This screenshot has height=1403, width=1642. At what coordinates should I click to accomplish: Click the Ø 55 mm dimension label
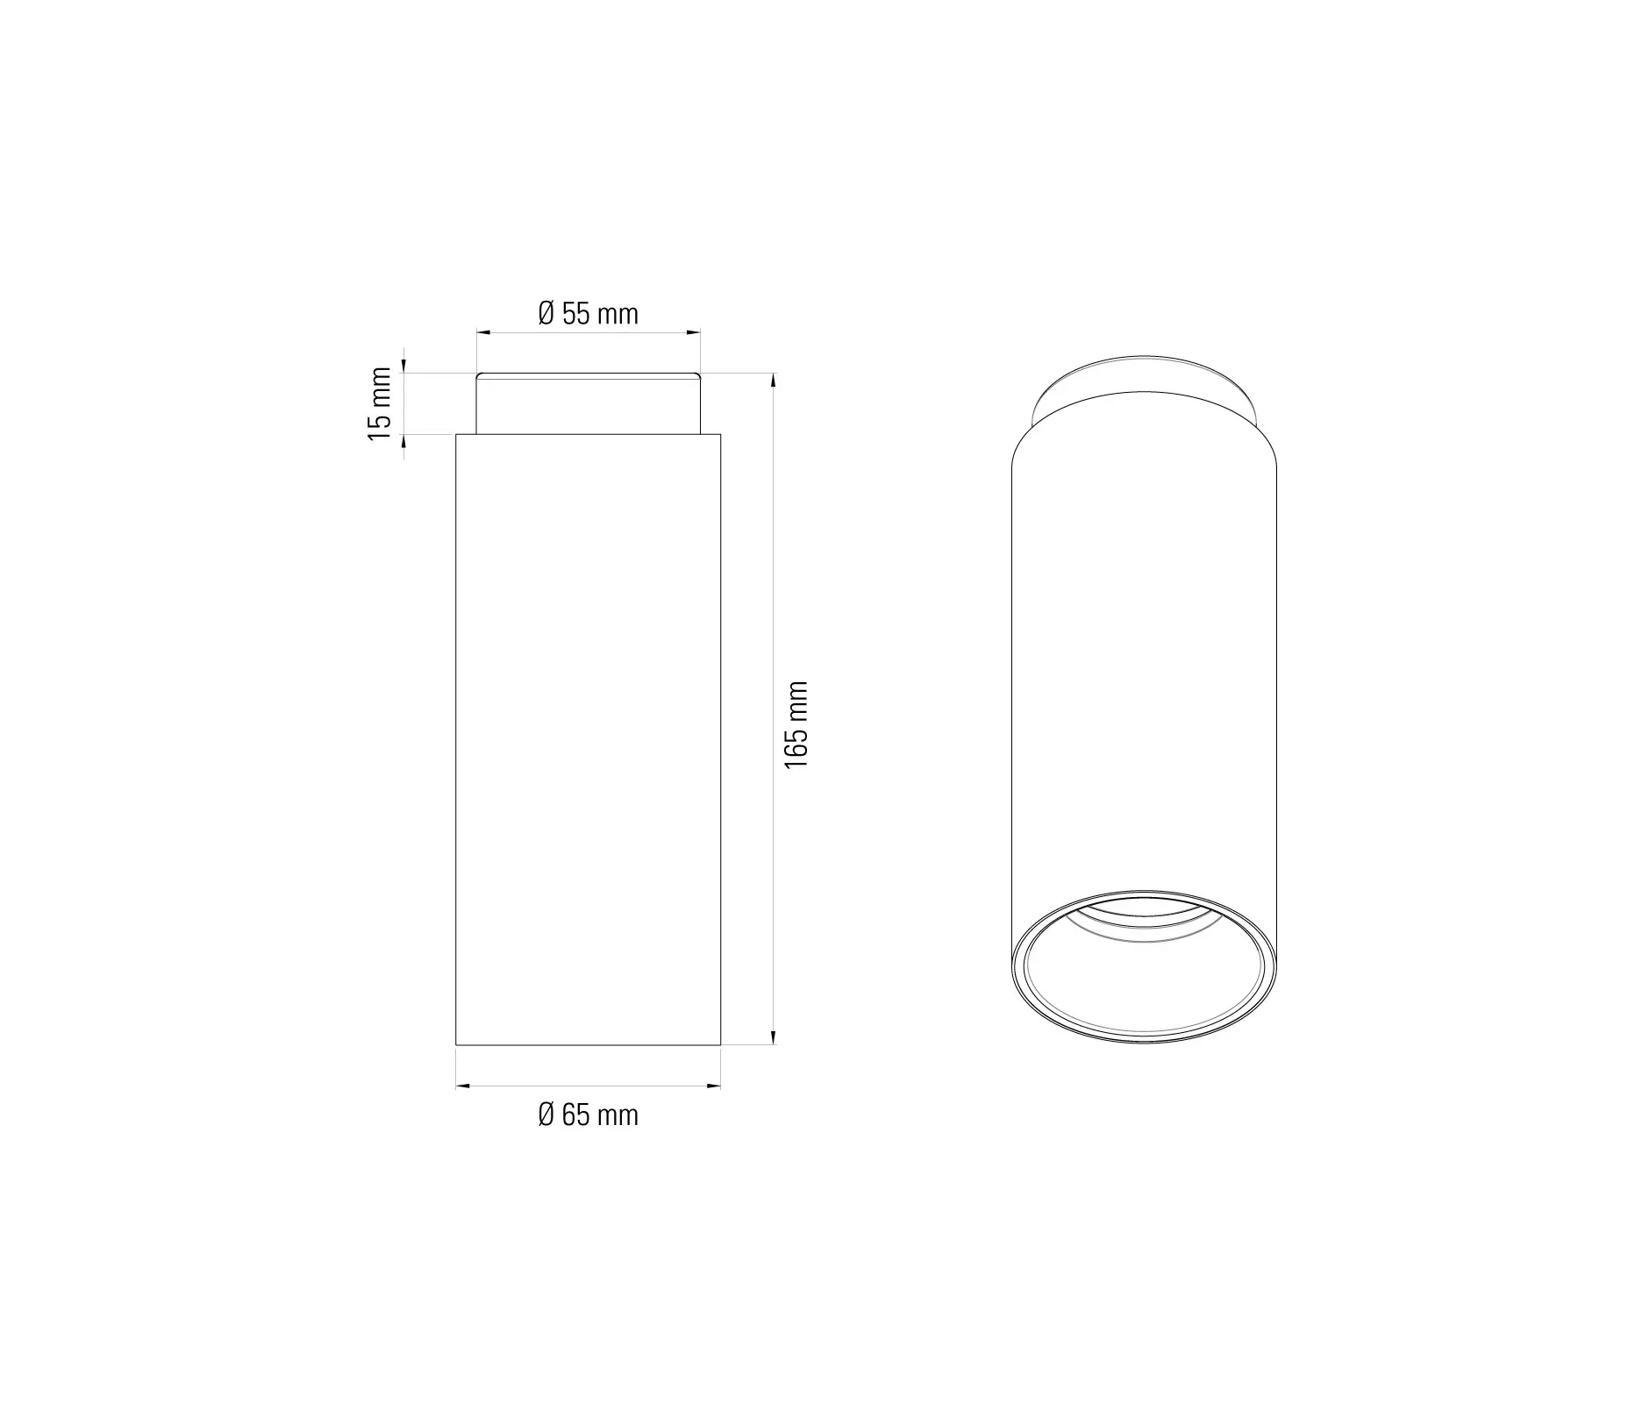(588, 314)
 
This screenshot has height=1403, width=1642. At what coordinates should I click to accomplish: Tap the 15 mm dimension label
(380, 403)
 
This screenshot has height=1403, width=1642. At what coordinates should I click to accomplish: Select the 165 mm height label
(796, 725)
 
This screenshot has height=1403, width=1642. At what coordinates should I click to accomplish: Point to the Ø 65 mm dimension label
(588, 1115)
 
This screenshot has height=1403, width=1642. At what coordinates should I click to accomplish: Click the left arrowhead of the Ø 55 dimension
(482, 332)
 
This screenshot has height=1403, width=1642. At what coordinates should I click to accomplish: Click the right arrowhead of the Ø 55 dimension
(694, 332)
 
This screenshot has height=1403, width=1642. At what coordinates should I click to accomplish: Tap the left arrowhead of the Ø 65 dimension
(462, 1086)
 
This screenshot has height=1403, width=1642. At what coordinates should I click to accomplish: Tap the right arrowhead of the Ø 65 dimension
(714, 1086)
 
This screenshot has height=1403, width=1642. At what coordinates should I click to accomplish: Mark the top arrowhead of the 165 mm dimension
(773, 381)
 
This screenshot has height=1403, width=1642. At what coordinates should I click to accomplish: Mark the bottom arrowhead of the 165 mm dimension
(773, 1038)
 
